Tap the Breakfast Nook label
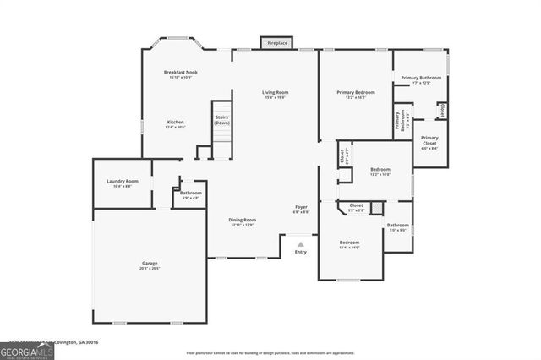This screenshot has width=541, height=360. pos(181,74)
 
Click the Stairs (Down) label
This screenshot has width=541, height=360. pos(221,120)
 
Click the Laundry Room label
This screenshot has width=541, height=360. pos(122,181)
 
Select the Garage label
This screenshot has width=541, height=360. pos(149,264)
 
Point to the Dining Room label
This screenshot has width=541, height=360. pos(243,220)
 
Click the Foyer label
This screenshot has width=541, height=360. pos(301,207)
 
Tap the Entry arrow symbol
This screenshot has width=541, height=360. pos(300,243)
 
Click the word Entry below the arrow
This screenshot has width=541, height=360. pos(300,252)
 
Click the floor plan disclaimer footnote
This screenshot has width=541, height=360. pos(270,352)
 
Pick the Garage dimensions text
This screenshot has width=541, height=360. pos(149,269)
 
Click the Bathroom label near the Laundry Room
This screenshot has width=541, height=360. pos(191,193)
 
